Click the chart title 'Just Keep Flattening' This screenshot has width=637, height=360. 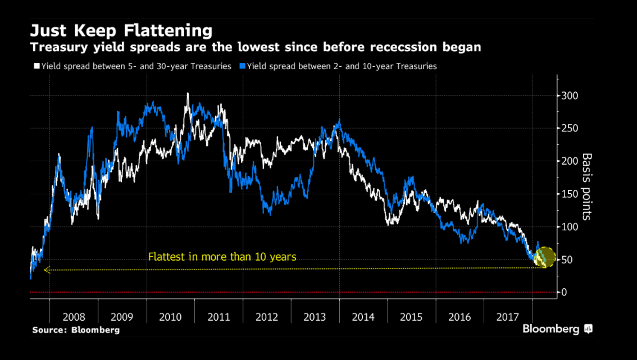(x=121, y=30)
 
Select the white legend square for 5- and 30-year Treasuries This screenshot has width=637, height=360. (x=37, y=66)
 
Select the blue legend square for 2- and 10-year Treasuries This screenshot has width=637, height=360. (x=242, y=66)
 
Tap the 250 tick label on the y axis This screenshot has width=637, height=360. (x=570, y=129)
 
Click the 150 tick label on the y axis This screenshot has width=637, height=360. (x=570, y=194)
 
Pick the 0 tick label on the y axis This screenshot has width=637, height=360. (x=564, y=293)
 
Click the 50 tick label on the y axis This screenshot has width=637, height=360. (x=567, y=260)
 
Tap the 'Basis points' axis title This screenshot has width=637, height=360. (x=587, y=186)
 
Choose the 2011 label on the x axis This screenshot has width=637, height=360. (x=219, y=317)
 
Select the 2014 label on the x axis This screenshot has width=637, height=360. (x=363, y=317)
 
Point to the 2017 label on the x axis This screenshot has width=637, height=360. (x=508, y=317)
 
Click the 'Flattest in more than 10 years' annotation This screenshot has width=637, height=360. (x=222, y=257)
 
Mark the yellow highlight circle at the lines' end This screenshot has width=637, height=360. (x=545, y=257)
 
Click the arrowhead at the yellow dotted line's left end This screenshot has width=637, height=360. (x=47, y=269)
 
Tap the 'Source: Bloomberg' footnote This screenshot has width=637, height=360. (x=76, y=330)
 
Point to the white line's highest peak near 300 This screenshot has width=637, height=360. (x=188, y=94)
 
